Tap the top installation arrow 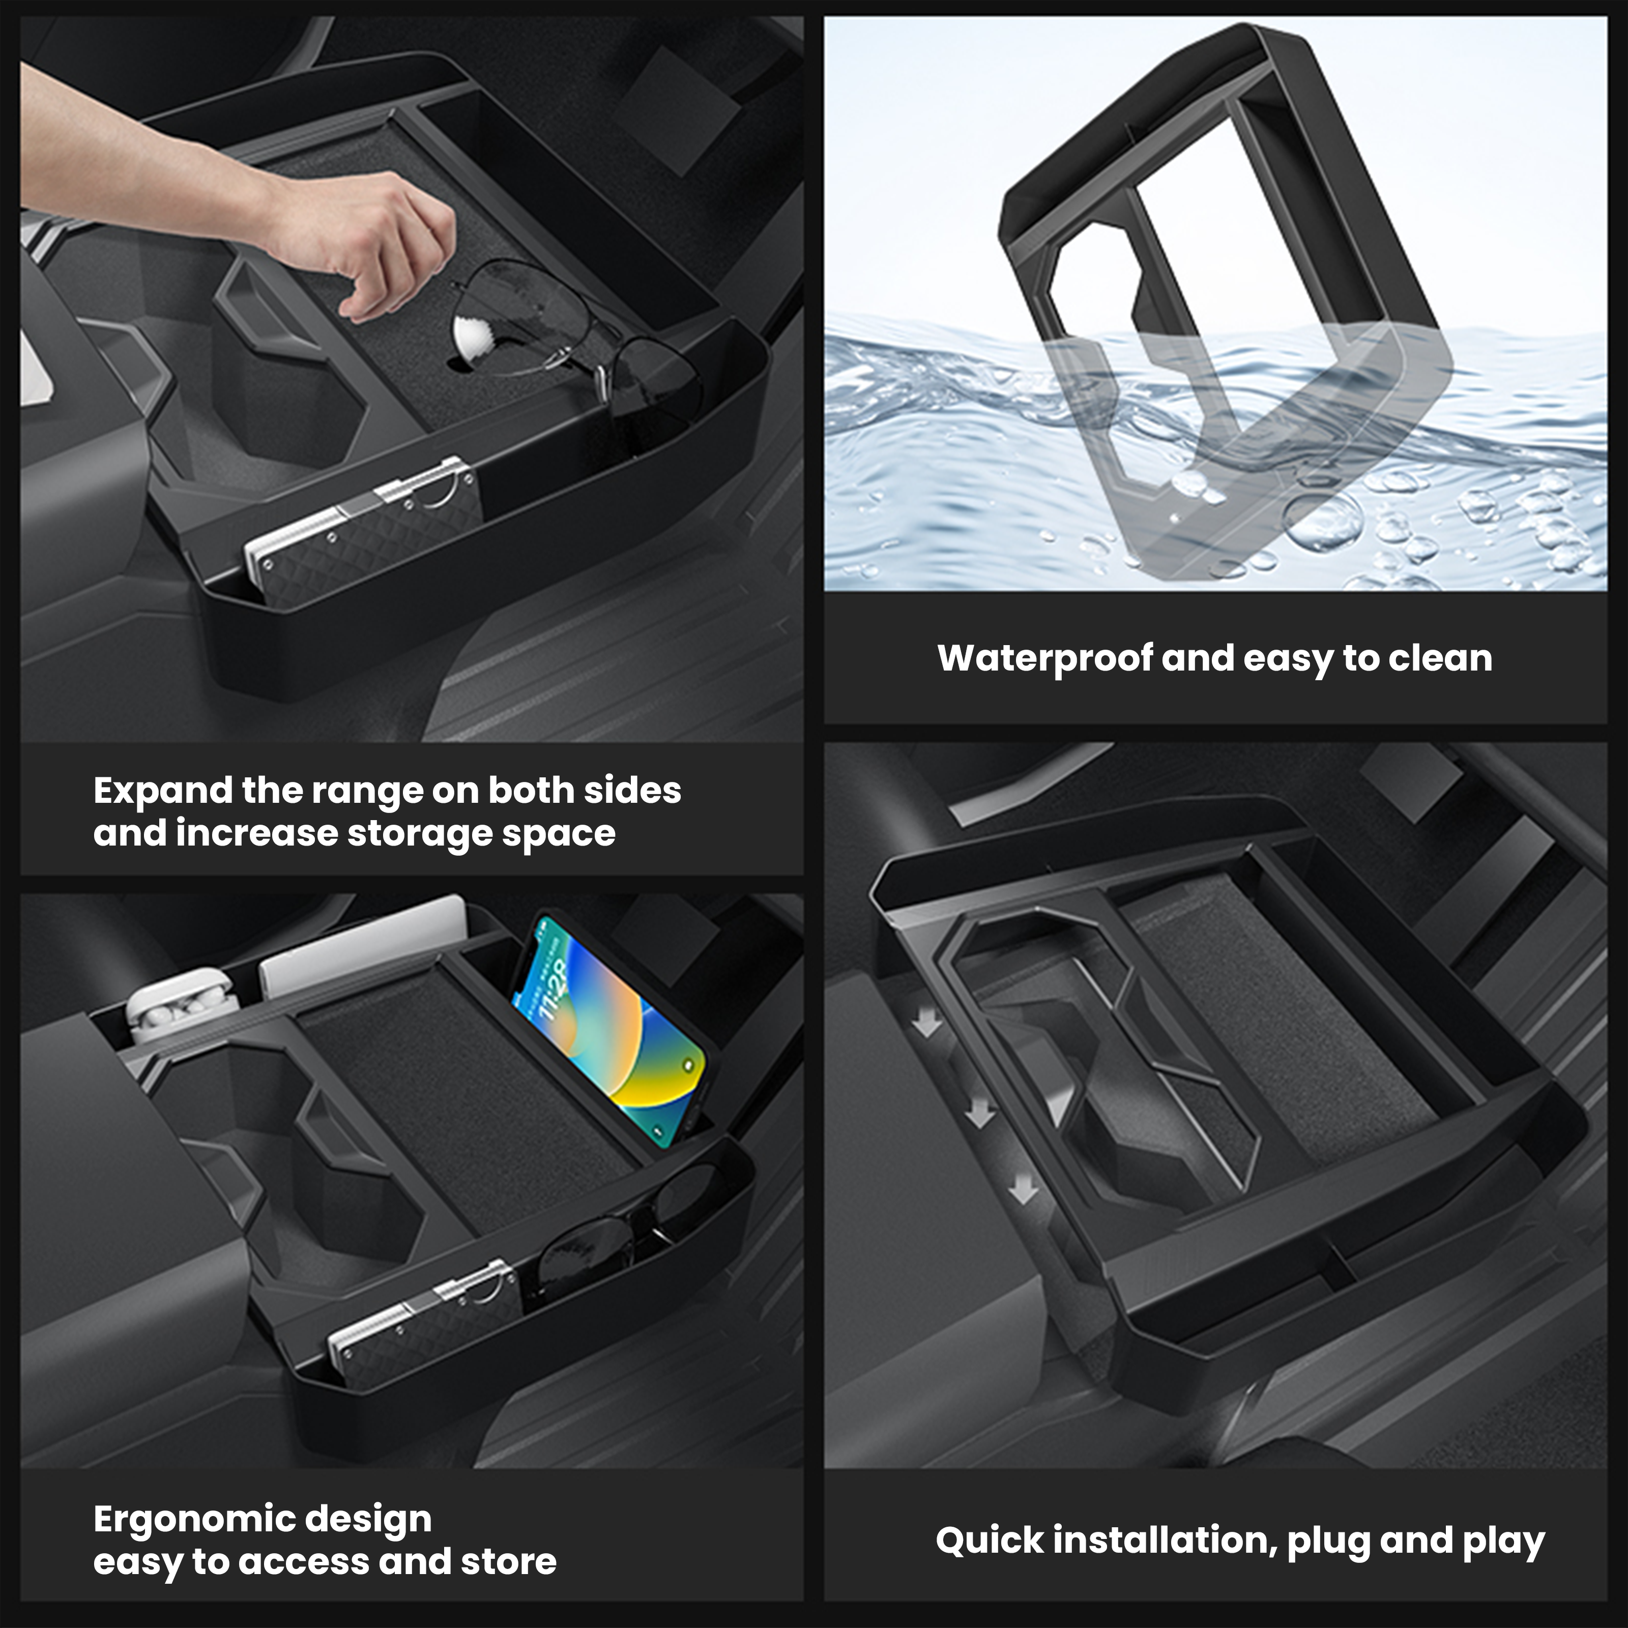[x=928, y=1024]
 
